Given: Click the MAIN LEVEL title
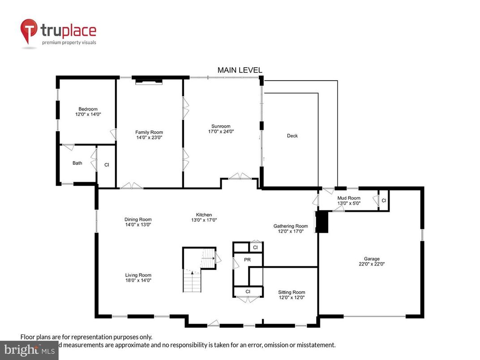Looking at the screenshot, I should point(240,70).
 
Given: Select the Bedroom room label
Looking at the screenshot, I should point(88,109).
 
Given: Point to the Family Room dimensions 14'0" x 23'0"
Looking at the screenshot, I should point(149,138).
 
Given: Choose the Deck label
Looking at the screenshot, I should point(292,136).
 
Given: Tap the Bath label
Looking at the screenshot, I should point(77,163).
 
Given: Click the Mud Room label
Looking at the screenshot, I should point(348,197).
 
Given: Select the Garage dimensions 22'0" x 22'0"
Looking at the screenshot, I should point(371,264).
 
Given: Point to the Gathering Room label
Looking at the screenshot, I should point(291,226).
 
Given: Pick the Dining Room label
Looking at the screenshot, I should point(138,219).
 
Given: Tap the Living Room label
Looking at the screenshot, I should point(138,275).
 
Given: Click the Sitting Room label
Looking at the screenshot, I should point(291,292).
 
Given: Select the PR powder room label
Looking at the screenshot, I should point(247,260).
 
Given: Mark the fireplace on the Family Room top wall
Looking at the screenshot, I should point(149,81).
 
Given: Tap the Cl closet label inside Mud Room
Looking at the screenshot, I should point(384,200).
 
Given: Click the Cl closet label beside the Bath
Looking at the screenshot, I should point(107,165).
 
